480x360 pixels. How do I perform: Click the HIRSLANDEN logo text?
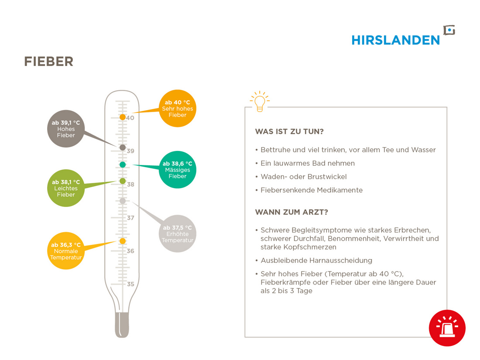click(x=395, y=40)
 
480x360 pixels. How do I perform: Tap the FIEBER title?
click(x=49, y=62)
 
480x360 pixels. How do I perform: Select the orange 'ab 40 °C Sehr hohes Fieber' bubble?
click(x=178, y=108)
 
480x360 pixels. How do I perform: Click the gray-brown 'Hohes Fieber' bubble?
click(x=66, y=129)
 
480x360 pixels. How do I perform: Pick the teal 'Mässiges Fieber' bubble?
click(x=178, y=170)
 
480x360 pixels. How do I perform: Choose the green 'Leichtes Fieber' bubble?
click(x=66, y=188)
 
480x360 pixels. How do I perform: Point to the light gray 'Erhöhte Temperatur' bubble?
click(x=178, y=233)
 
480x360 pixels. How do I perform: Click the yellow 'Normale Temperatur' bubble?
click(x=66, y=251)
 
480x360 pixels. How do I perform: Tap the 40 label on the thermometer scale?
click(x=130, y=118)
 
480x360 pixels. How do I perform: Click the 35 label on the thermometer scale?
click(x=130, y=284)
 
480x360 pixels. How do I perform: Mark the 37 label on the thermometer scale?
click(x=131, y=218)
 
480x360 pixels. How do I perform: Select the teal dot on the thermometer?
click(x=123, y=165)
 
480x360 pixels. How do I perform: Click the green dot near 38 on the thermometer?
click(x=123, y=181)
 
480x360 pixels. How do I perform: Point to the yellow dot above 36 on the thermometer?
click(x=123, y=241)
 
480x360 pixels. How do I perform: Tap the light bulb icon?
click(x=260, y=101)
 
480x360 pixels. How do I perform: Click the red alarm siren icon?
click(x=447, y=328)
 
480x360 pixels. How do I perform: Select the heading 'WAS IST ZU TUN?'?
click(x=289, y=132)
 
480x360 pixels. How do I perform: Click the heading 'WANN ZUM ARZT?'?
click(x=291, y=212)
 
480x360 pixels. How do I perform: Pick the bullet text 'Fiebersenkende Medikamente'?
click(x=311, y=190)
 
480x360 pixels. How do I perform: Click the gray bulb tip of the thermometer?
click(x=122, y=325)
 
